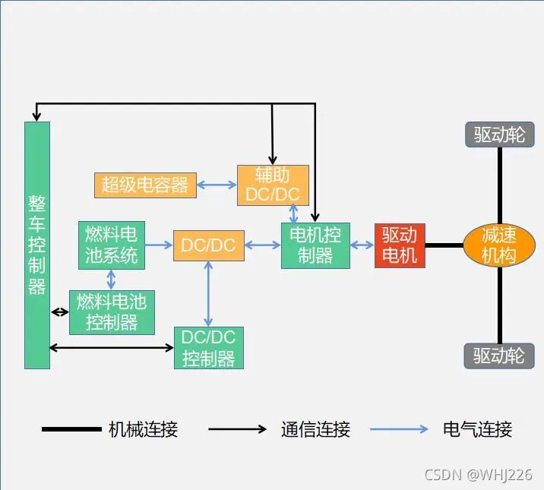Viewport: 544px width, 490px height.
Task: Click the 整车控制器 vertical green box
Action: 36,245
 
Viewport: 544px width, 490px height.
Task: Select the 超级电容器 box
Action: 145,185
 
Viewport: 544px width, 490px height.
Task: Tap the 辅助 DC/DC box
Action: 273,185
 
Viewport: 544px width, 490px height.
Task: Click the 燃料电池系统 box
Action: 112,245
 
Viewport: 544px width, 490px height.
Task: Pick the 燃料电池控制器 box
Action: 112,311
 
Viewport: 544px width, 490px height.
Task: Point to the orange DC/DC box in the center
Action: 208,245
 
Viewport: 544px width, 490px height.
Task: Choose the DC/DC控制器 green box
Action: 208,348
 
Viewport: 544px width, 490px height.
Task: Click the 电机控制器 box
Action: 315,245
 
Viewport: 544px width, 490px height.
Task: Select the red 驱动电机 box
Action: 400,245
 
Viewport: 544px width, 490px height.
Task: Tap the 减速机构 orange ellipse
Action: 499,245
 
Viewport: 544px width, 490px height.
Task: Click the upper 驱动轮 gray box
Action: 499,135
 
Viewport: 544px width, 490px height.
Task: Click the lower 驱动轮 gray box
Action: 499,356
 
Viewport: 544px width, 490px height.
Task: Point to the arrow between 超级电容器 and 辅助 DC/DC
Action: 217,185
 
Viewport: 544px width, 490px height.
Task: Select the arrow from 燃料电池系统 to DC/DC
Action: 159,245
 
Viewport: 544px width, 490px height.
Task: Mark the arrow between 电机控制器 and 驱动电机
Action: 362,245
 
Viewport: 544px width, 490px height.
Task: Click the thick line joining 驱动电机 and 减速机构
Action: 444,245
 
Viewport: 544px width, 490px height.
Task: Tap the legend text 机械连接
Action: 143,429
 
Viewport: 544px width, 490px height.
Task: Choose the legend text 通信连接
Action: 315,429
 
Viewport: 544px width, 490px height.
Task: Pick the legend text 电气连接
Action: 477,429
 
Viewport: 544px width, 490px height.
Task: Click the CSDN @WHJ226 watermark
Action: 478,475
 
